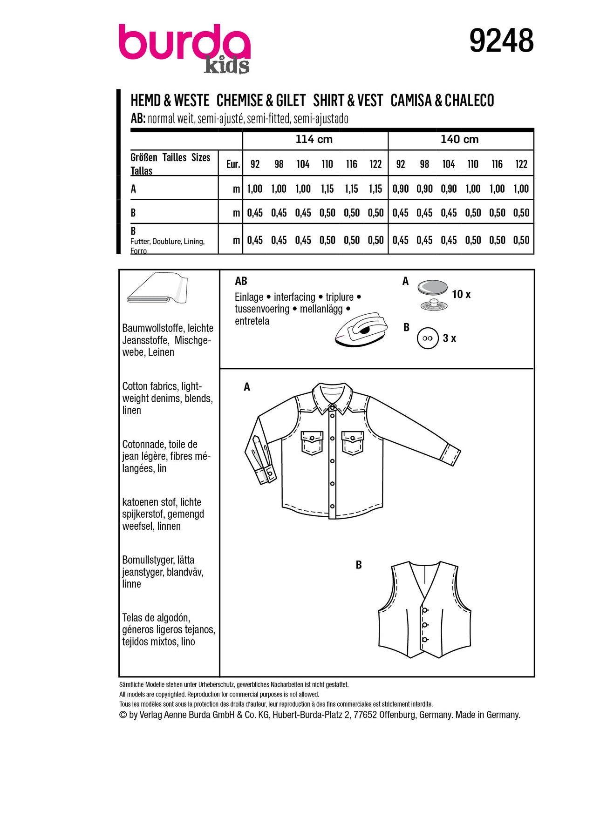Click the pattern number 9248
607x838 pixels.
501,41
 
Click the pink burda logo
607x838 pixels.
184,43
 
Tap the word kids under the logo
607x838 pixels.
227,66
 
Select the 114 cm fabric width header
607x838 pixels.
314,139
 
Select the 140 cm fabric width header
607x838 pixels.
459,139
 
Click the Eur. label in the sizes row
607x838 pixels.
233,164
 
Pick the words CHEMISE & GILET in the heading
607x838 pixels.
261,101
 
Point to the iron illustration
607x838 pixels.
361,330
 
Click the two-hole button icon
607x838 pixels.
427,338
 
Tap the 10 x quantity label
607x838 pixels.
461,294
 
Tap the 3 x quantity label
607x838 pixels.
449,338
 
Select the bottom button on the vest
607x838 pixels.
425,639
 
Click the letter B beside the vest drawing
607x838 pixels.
359,565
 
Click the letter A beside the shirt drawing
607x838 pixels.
247,387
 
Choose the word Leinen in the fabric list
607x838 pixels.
161,352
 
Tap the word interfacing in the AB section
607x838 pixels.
294,297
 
